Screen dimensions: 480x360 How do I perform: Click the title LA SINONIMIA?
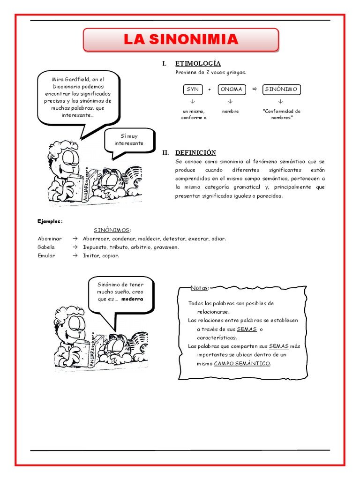(x=180, y=40)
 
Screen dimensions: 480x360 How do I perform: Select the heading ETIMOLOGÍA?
(x=198, y=63)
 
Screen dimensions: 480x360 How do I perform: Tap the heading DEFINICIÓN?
(x=195, y=152)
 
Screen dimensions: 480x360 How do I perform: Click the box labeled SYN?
(x=193, y=89)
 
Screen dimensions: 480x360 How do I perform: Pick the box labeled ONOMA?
(x=231, y=89)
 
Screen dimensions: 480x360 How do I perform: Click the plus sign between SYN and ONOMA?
(x=210, y=90)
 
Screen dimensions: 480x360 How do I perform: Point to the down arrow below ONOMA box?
(x=230, y=101)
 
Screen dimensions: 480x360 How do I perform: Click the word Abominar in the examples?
(x=50, y=239)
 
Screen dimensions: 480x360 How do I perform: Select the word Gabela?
(x=46, y=247)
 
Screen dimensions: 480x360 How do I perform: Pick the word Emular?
(x=46, y=255)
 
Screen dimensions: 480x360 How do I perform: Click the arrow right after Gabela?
(x=75, y=247)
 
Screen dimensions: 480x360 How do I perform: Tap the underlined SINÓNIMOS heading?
(x=112, y=230)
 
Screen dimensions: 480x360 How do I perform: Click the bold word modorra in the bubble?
(x=132, y=299)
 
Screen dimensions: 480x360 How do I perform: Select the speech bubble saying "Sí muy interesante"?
(x=129, y=140)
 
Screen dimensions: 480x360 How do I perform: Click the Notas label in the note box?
(x=200, y=287)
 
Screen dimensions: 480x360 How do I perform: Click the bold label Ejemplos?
(x=50, y=221)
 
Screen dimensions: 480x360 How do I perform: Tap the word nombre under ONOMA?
(x=230, y=112)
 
